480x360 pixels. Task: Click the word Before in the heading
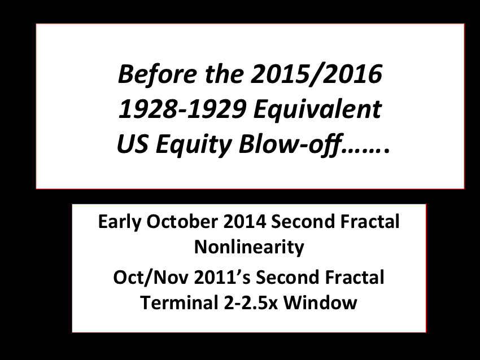pyautogui.click(x=158, y=74)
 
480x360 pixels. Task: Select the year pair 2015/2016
pyautogui.click(x=317, y=74)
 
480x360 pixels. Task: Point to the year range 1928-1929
pyautogui.click(x=182, y=109)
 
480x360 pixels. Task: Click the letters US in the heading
pyautogui.click(x=133, y=144)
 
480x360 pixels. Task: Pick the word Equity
pyautogui.click(x=194, y=145)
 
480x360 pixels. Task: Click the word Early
pyautogui.click(x=120, y=222)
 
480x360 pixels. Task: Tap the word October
pyautogui.click(x=182, y=221)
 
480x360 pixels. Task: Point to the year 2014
pyautogui.click(x=245, y=222)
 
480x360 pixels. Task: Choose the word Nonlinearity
pyautogui.click(x=249, y=248)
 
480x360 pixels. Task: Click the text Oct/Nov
pyautogui.click(x=150, y=278)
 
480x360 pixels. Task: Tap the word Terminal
pyautogui.click(x=180, y=303)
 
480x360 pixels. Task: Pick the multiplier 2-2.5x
pyautogui.click(x=251, y=303)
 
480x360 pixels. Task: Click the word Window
pyautogui.click(x=320, y=303)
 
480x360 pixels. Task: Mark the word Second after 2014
pyautogui.click(x=303, y=222)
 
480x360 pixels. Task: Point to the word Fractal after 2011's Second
pyautogui.click(x=354, y=278)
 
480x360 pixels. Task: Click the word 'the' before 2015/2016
pyautogui.click(x=224, y=74)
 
